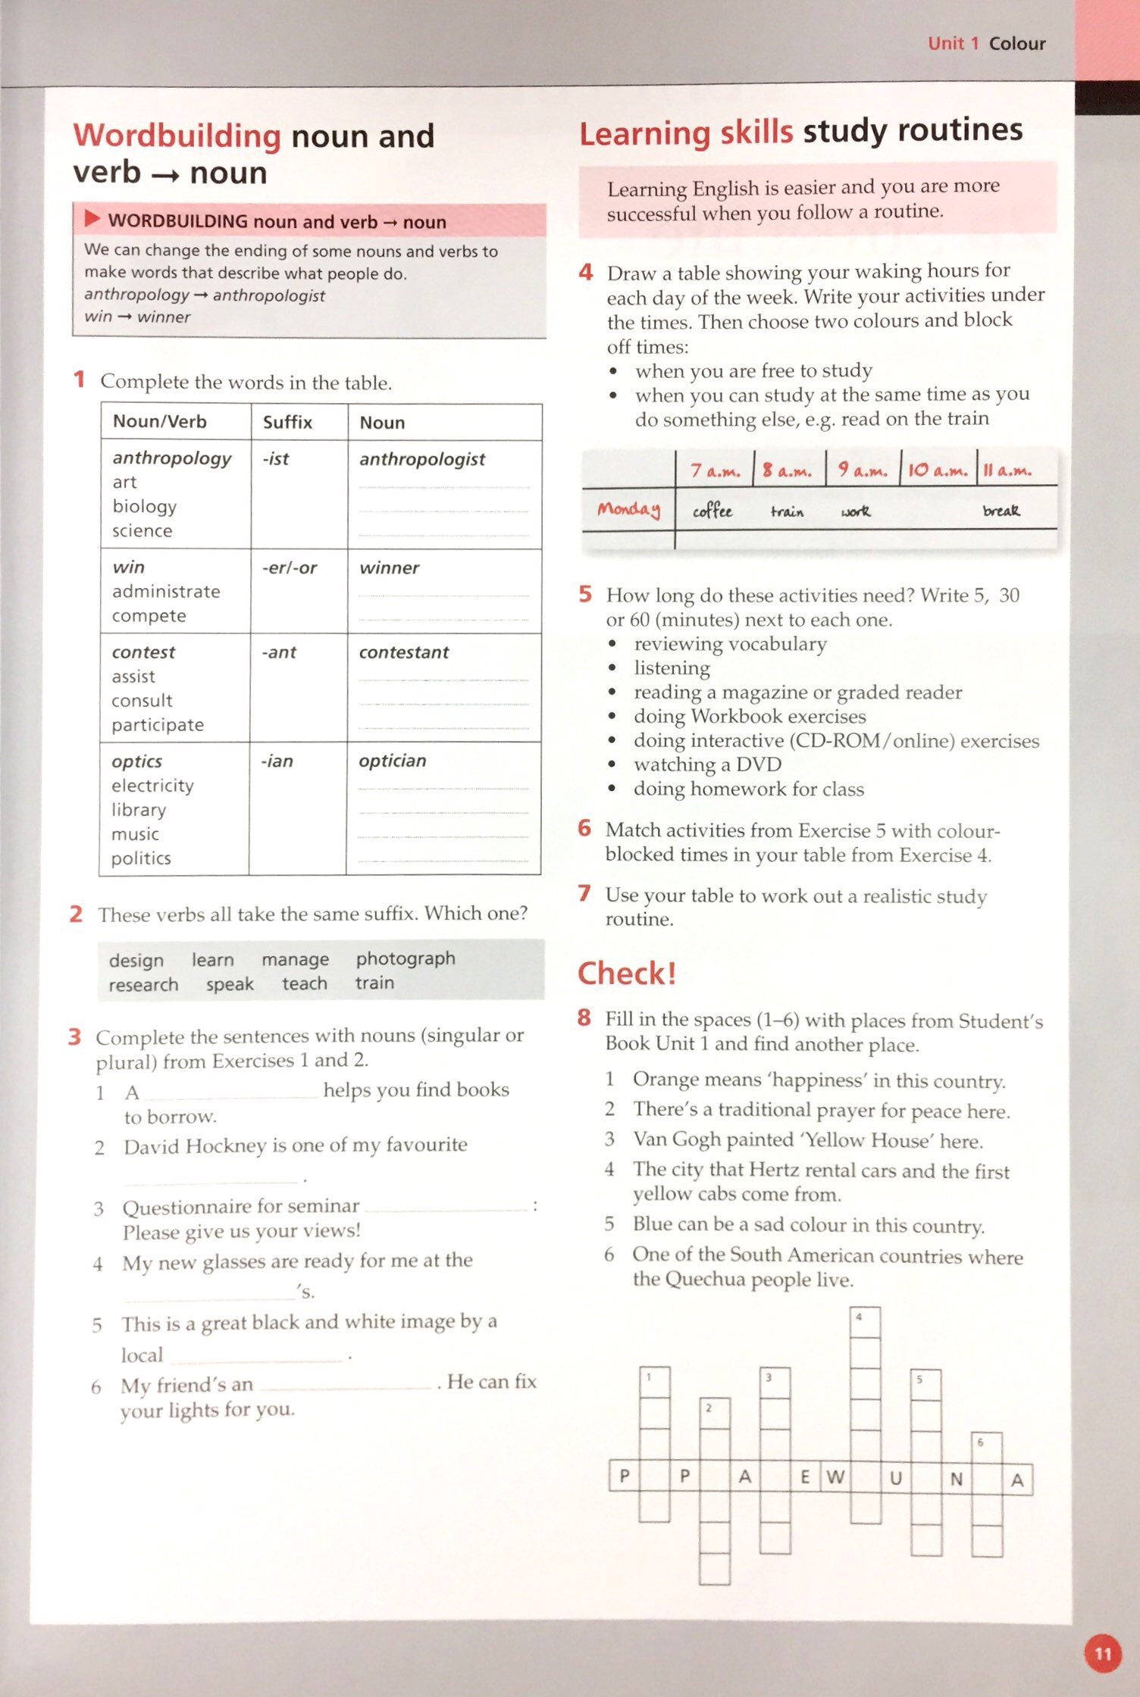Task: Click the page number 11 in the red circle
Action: [1103, 1654]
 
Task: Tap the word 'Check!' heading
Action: [626, 974]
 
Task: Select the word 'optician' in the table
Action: [393, 761]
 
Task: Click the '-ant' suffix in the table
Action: [279, 652]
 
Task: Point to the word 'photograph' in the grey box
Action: [406, 958]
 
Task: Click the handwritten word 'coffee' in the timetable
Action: [712, 511]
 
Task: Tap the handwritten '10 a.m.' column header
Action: [938, 470]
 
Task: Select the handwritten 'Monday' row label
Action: [628, 509]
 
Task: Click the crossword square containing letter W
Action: [835, 1477]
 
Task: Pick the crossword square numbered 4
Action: [865, 1322]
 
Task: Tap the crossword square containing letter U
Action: [896, 1477]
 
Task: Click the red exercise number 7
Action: [584, 894]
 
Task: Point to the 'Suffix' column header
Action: [287, 422]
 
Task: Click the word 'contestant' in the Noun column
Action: [404, 652]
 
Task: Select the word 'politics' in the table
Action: [141, 858]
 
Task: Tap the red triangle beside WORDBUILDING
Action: [92, 220]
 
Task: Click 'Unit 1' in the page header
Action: [953, 43]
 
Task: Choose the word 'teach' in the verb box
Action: [305, 983]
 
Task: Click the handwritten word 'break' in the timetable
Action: [1001, 511]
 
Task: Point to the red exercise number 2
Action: [76, 914]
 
